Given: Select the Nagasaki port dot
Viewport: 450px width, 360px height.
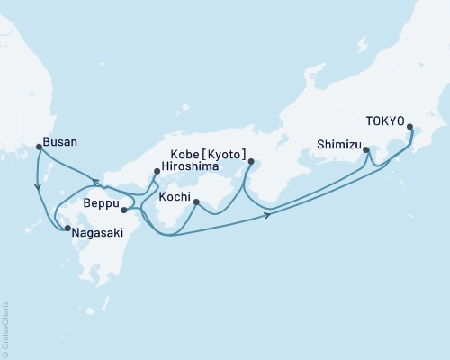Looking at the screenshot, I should (67, 229).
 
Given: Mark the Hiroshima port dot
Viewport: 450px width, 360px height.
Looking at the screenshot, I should (157, 171).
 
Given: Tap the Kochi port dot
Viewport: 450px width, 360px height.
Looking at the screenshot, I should (194, 204).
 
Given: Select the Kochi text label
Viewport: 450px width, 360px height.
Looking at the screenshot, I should (174, 196).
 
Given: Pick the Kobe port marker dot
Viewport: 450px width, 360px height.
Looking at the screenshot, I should (250, 162).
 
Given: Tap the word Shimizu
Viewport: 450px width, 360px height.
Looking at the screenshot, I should (339, 143).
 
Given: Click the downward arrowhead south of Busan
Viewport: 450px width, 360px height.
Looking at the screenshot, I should (37, 188).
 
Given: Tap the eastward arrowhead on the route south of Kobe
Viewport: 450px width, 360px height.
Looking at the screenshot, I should (269, 216).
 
